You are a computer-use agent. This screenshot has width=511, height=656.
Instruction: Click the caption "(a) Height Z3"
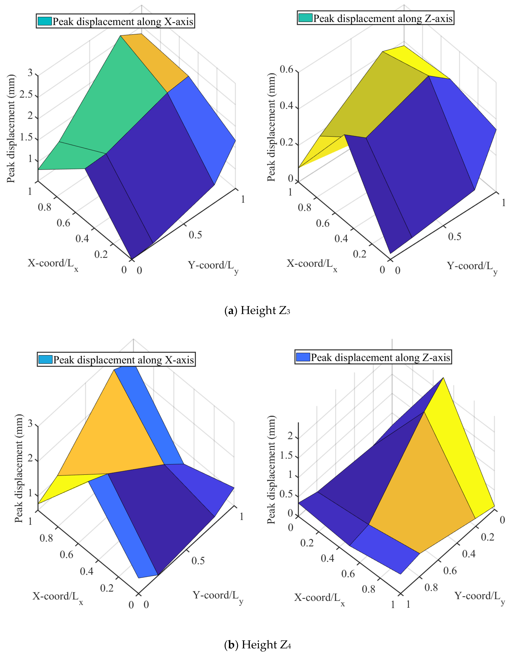pyautogui.click(x=257, y=310)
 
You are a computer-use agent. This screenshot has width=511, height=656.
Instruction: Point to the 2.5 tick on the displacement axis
pyautogui.click(x=26, y=95)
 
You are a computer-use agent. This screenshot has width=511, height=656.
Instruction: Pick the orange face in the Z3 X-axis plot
pyautogui.click(x=153, y=60)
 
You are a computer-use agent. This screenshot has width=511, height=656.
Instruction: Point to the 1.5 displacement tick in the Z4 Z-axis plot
pyautogui.click(x=286, y=455)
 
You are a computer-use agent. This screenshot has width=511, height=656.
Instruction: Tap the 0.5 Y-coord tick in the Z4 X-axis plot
pyautogui.click(x=198, y=561)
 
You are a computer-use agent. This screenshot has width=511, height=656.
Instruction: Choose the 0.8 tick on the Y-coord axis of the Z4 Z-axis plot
pyautogui.click(x=431, y=587)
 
